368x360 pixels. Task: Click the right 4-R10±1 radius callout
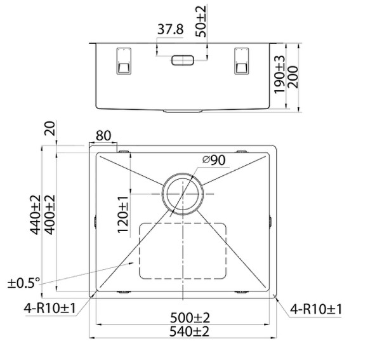tap(315, 309)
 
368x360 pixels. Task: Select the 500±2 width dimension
tap(185, 317)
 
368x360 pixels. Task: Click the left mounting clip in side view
tap(123, 60)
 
